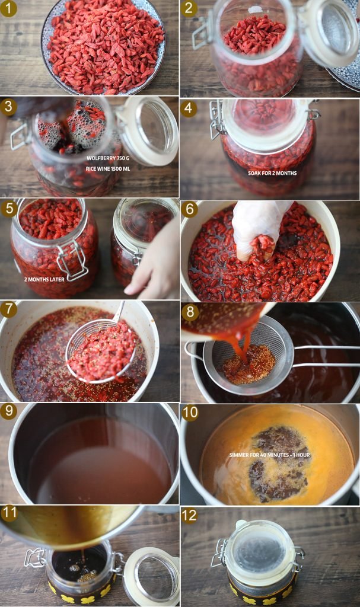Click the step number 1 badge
tap(8, 8)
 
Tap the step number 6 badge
tap(190, 209)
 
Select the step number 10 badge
tap(190, 413)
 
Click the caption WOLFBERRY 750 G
tap(108, 158)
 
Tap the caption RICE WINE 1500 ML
tap(108, 169)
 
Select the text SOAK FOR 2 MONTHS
tap(272, 173)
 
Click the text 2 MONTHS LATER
tap(44, 279)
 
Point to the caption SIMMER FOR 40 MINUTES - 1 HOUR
tap(270, 455)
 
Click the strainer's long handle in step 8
tap(326, 356)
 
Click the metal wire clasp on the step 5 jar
tap(72, 260)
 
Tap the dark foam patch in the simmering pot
tap(277, 462)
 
